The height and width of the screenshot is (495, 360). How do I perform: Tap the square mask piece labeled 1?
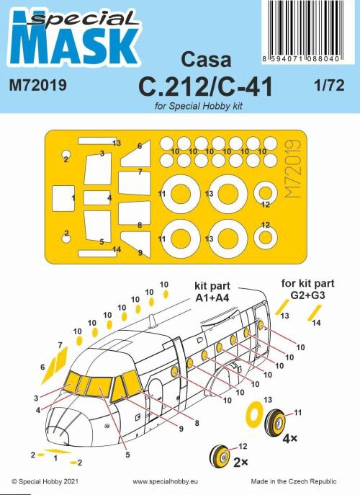(63, 196)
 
